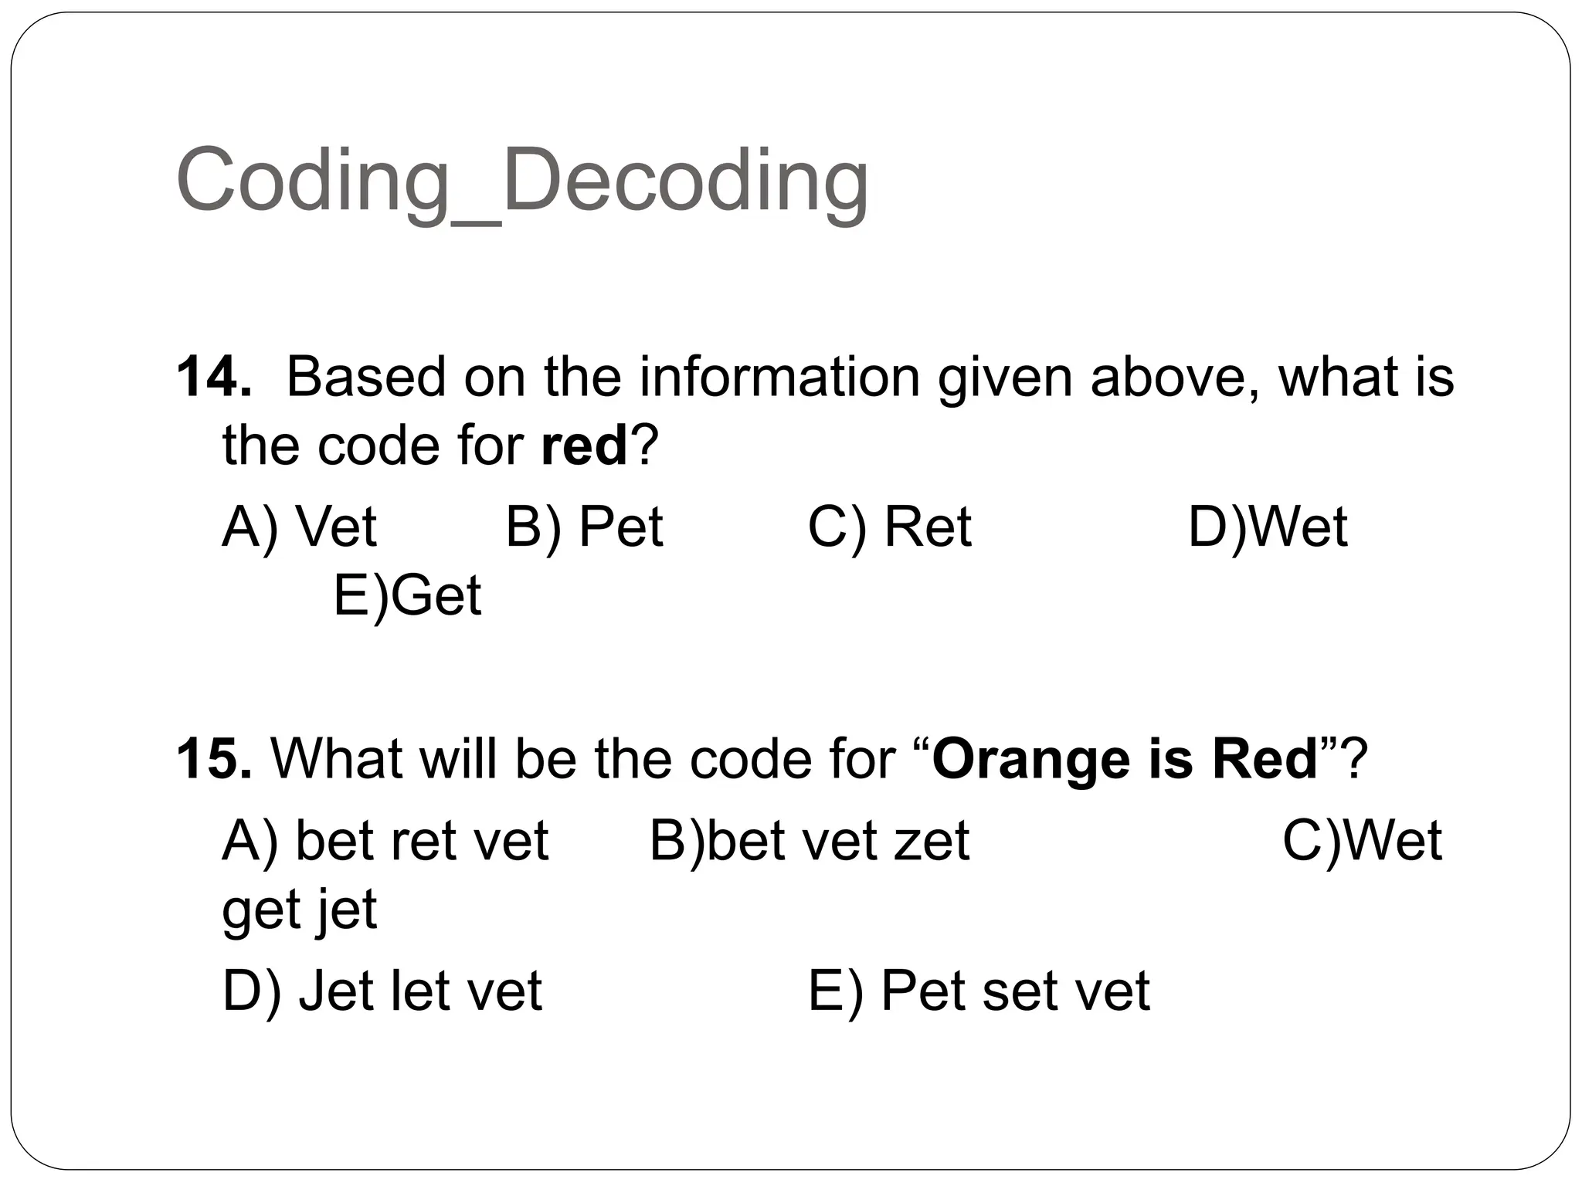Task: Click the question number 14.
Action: coord(213,377)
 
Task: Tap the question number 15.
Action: coord(213,758)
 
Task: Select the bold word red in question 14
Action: coord(584,446)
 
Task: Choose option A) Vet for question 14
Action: coord(299,527)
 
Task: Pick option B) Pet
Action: coord(584,527)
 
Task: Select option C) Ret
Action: coord(889,527)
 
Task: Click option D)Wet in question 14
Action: coord(1268,527)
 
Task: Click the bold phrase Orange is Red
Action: coord(1125,758)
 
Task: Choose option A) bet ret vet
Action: coord(385,840)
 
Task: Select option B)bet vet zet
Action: coord(809,840)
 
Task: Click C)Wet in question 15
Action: coord(1362,840)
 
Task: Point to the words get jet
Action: coord(299,910)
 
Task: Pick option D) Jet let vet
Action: coord(382,991)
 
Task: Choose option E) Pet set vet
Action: coord(979,991)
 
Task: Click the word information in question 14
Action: coord(779,377)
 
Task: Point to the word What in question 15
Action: coord(336,758)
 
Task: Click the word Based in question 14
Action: coord(366,377)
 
